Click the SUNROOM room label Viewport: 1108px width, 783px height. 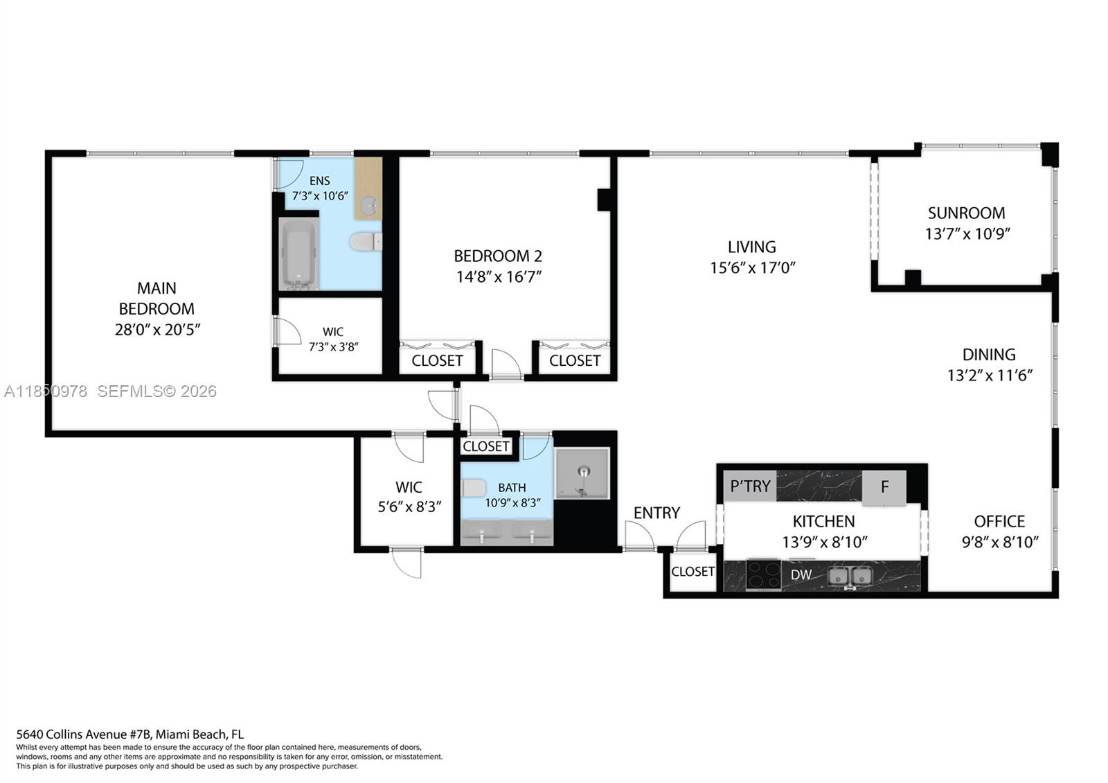pyautogui.click(x=966, y=213)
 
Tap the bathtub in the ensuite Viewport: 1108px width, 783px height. pyautogui.click(x=298, y=254)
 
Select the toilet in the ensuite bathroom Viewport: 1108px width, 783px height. pyautogui.click(x=366, y=242)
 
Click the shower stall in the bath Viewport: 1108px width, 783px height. pyautogui.click(x=582, y=474)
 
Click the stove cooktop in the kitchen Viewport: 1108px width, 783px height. pyautogui.click(x=762, y=574)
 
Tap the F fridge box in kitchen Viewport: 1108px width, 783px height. pyautogui.click(x=884, y=486)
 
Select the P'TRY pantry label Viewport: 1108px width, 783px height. pyautogui.click(x=750, y=486)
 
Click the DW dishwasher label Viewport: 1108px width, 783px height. pyautogui.click(x=801, y=575)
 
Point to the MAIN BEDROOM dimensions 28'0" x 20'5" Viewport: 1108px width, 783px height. pyautogui.click(x=157, y=330)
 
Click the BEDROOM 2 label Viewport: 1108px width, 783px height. pyautogui.click(x=498, y=256)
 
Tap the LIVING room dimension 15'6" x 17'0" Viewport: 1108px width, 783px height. pyautogui.click(x=752, y=267)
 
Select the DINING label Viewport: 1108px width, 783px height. pyautogui.click(x=989, y=354)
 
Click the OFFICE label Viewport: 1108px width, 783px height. pyautogui.click(x=999, y=521)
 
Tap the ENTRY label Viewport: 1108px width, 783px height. pyautogui.click(x=656, y=513)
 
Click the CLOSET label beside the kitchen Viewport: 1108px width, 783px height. pyautogui.click(x=692, y=572)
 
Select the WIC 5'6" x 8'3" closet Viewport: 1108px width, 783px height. pyautogui.click(x=409, y=496)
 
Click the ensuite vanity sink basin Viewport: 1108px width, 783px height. pyautogui.click(x=369, y=204)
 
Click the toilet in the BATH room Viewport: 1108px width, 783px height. pyautogui.click(x=474, y=488)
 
